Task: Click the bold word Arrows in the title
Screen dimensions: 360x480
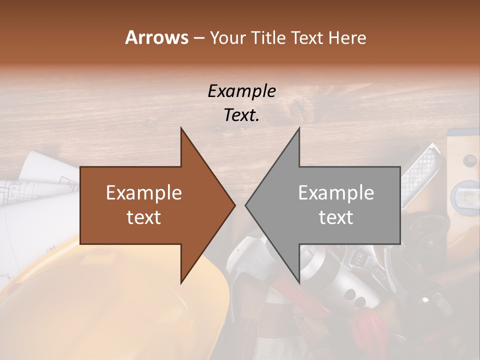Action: point(156,37)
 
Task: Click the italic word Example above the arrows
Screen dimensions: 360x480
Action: point(241,91)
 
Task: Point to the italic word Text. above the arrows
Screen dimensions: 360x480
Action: point(241,115)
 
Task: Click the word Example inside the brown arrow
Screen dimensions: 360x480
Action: point(144,193)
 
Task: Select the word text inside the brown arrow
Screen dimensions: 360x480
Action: point(144,217)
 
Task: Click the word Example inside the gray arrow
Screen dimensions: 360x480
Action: point(336,193)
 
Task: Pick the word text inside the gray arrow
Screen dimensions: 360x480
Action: point(336,217)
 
